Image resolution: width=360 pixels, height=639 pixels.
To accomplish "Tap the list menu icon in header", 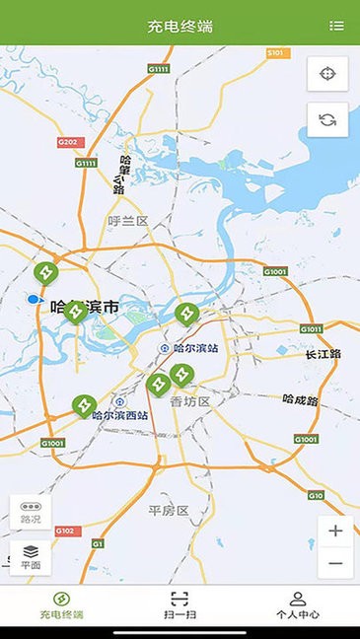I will click(x=337, y=26).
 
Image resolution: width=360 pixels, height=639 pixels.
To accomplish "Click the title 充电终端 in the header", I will click(x=180, y=26).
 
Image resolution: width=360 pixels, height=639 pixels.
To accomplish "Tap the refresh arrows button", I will click(x=327, y=120).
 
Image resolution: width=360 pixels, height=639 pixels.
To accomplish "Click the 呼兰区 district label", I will click(x=128, y=221).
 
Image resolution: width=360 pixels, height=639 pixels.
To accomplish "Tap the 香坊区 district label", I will click(x=190, y=401).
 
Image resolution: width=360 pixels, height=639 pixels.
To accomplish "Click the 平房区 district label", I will click(x=168, y=510).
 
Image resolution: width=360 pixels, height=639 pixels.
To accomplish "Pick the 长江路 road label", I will click(x=323, y=354).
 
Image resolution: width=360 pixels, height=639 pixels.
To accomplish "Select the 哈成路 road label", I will click(x=300, y=400).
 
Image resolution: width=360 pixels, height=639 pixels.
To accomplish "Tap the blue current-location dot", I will click(x=35, y=298).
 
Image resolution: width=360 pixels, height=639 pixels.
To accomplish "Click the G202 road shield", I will click(x=67, y=142).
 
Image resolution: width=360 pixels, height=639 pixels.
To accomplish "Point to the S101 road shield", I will click(x=275, y=51).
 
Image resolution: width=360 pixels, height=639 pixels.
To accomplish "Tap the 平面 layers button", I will click(x=31, y=556).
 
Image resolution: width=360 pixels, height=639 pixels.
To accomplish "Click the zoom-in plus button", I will click(x=335, y=531).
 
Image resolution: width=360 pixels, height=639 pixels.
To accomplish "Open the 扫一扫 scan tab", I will click(x=179, y=603).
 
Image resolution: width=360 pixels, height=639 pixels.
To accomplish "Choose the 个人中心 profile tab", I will click(x=297, y=603).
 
